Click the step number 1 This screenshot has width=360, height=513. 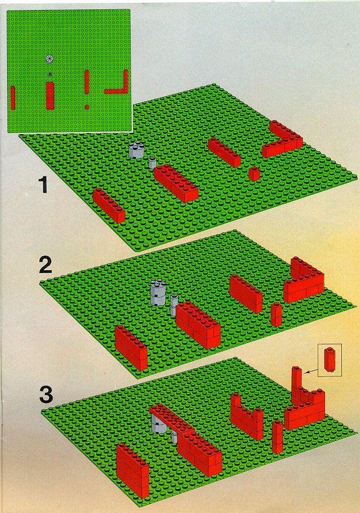(43, 185)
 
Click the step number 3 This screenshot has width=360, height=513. (46, 395)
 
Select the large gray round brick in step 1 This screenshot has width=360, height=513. (137, 150)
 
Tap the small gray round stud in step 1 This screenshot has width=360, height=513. (152, 162)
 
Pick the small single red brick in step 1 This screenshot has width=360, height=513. (254, 174)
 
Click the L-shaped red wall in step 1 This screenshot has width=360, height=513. (282, 139)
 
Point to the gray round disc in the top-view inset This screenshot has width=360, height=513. (50, 59)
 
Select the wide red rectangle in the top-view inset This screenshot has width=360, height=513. (50, 96)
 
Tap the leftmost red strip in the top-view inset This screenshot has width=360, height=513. (13, 97)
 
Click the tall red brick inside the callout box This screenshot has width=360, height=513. (328, 360)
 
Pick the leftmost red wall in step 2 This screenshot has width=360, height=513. (131, 348)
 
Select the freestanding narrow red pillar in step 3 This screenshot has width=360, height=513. (277, 437)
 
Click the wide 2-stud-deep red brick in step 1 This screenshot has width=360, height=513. (176, 183)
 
